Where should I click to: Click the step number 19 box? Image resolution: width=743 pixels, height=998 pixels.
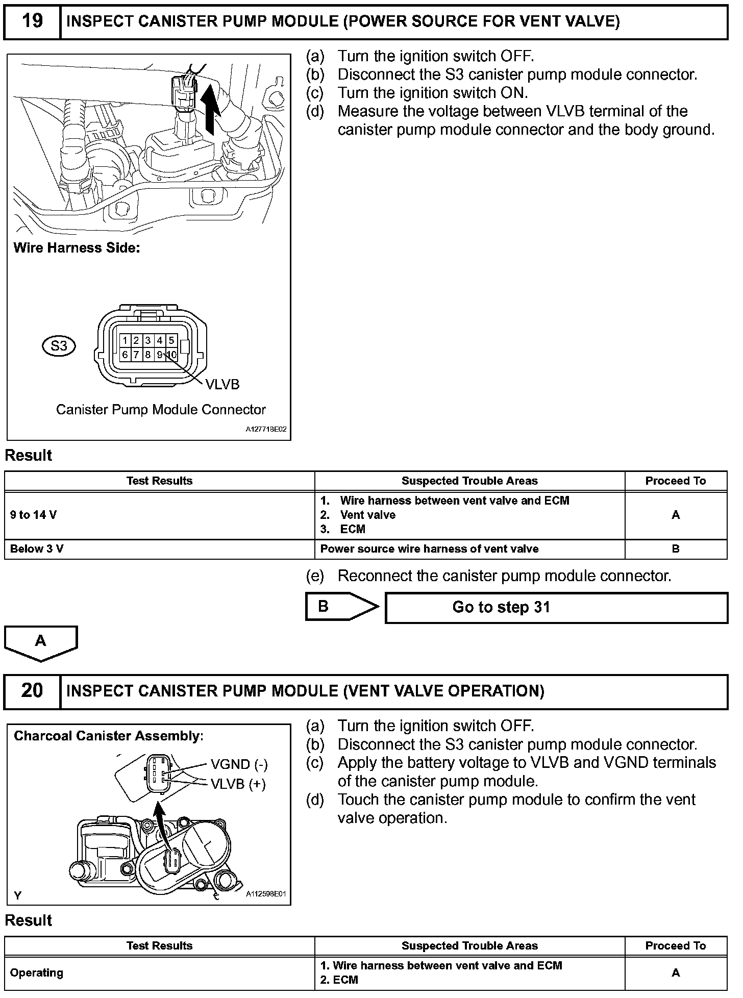32,21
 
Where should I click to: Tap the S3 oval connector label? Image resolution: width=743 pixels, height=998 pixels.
59,346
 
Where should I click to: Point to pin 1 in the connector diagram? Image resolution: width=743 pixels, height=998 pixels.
125,340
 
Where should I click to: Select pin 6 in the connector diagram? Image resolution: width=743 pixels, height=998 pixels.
125,355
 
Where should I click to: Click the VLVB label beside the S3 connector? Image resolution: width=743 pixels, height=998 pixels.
222,385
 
